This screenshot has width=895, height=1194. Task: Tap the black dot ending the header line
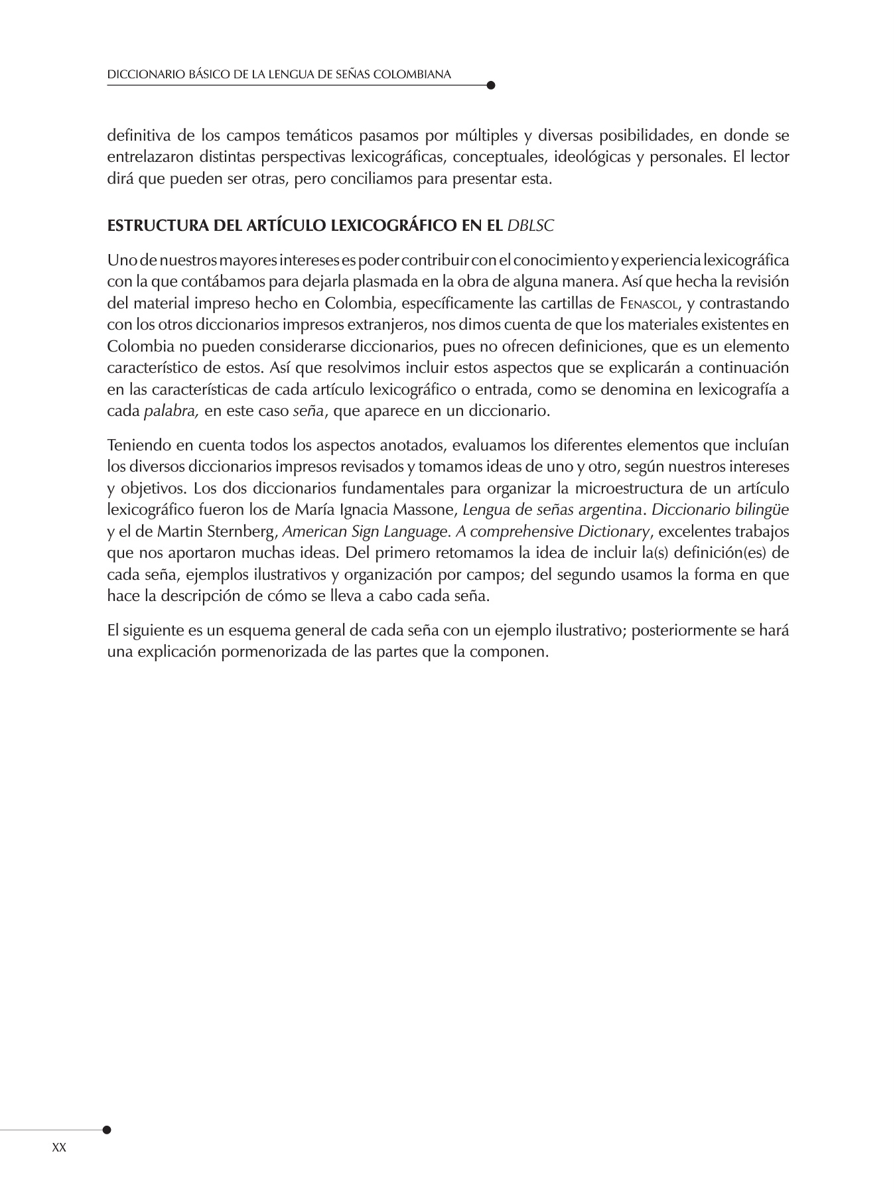[490, 85]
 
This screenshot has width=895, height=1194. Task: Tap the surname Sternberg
[240, 531]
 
